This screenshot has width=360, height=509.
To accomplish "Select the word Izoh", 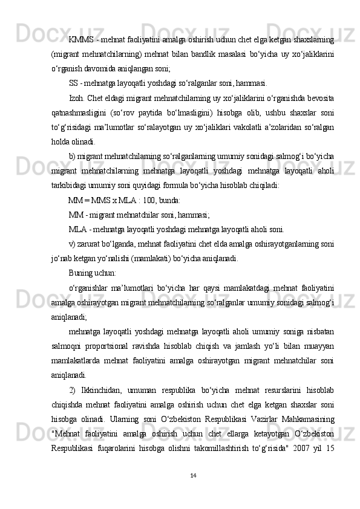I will tap(77, 98).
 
